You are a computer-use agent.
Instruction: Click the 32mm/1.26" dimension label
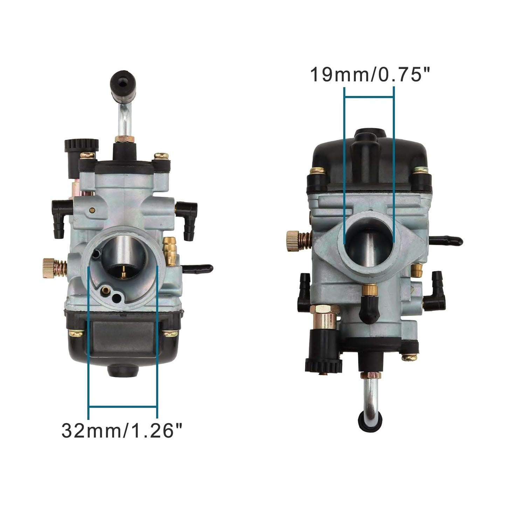[x=122, y=430]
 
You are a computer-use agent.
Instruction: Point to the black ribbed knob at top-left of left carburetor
[x=81, y=146]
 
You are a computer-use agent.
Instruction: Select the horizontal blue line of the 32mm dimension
[x=122, y=407]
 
